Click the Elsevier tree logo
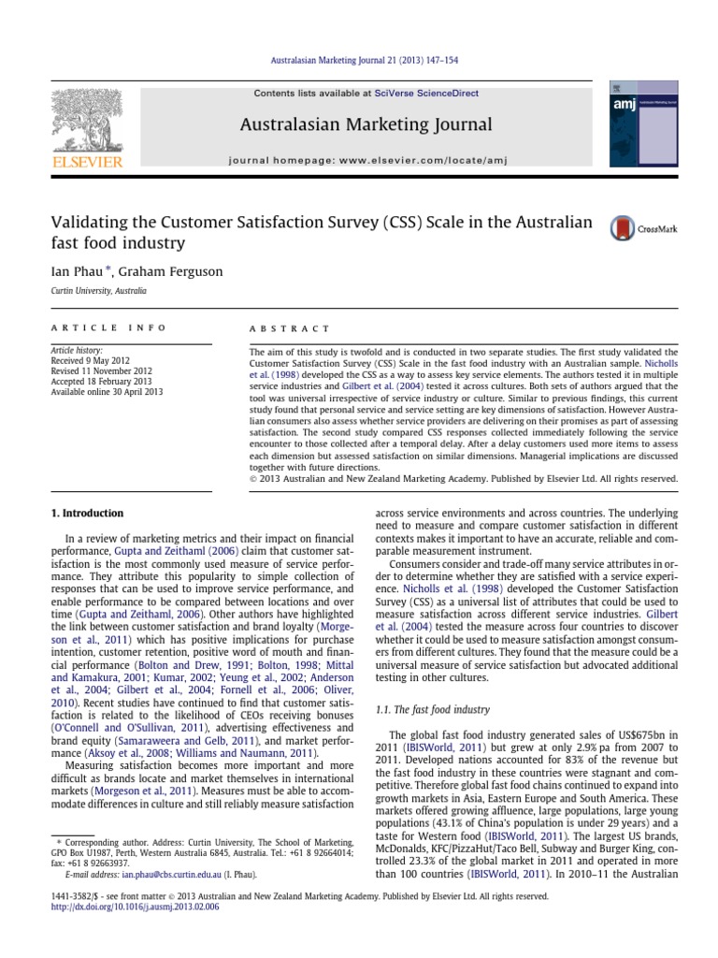[87, 118]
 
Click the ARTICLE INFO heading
[108, 328]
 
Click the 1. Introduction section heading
[86, 513]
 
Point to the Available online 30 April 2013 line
[107, 392]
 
